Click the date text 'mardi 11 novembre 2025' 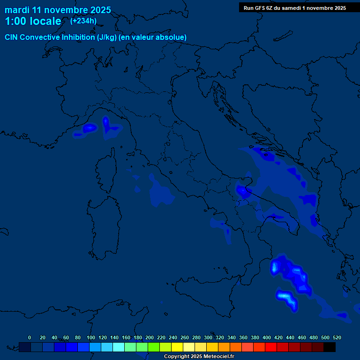coord(58,10)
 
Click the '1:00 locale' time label coord(33,21)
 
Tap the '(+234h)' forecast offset coord(83,21)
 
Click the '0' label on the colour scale coord(30,337)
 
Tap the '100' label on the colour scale coord(91,337)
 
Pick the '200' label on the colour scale coord(150,337)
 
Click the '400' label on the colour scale coord(267,337)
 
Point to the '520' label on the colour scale coord(337,337)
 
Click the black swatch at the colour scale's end coord(330,347)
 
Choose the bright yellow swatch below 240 coord(177,347)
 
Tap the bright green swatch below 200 coord(154,347)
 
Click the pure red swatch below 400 coord(271,347)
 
